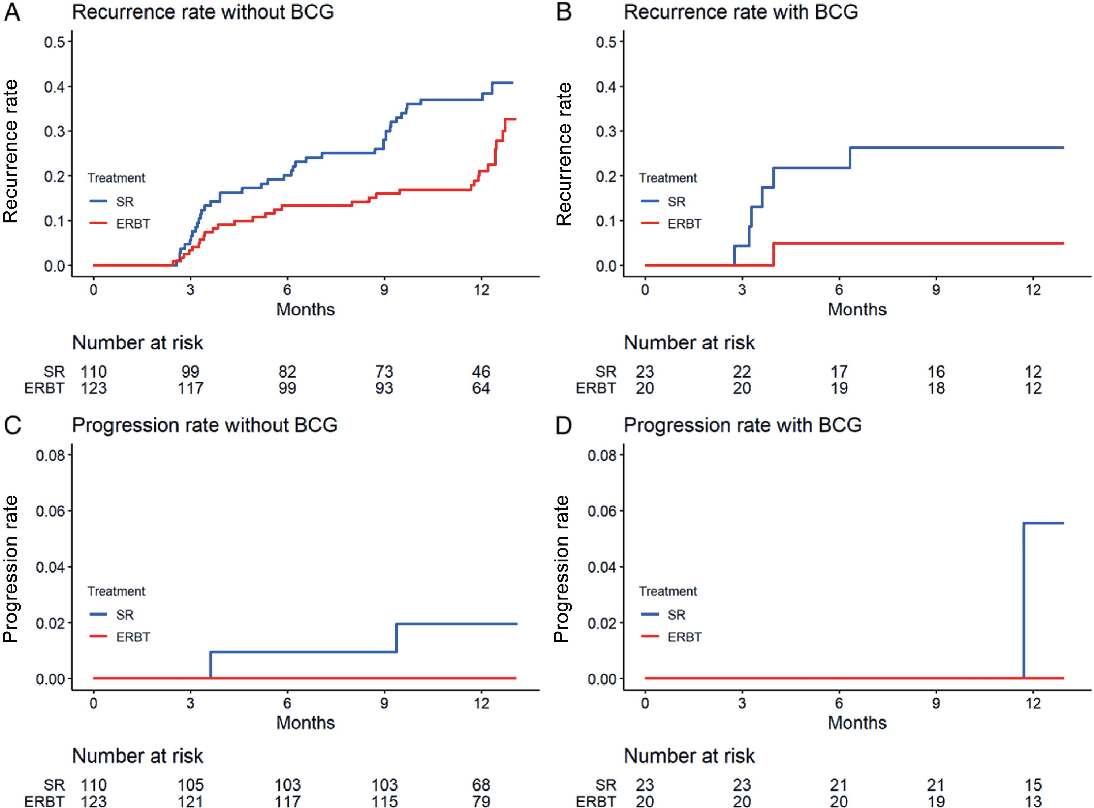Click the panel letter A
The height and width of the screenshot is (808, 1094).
(x=12, y=12)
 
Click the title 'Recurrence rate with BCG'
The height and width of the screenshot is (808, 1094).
(x=741, y=12)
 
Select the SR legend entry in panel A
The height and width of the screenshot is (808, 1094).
(x=111, y=202)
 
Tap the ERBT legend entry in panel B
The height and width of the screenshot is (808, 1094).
(x=671, y=223)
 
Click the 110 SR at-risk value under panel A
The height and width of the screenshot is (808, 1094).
(x=94, y=372)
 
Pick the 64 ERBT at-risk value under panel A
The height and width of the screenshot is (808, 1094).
(x=481, y=388)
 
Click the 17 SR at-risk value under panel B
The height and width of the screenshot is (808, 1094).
(x=839, y=372)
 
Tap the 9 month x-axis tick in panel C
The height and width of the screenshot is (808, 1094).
(x=384, y=703)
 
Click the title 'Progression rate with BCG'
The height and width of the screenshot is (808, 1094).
(x=743, y=425)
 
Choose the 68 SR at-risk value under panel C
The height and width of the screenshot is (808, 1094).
(x=481, y=785)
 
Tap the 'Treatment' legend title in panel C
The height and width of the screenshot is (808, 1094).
(x=117, y=591)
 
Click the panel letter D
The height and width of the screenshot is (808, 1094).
(x=564, y=425)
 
